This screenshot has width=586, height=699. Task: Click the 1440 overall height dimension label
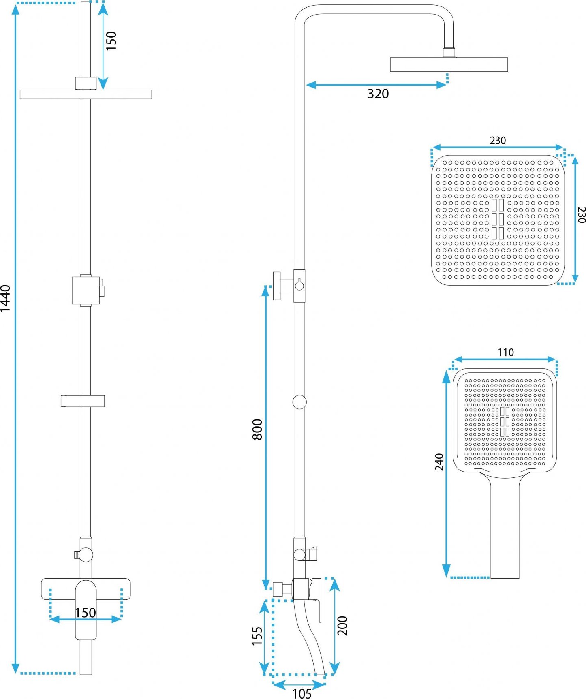[5, 298]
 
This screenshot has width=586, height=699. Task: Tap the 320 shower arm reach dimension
[378, 94]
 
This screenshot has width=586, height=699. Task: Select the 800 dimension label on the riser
[257, 430]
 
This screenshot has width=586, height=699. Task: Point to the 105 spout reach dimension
[302, 693]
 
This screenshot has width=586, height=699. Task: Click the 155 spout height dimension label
[257, 636]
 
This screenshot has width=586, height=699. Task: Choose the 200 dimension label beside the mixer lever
[342, 626]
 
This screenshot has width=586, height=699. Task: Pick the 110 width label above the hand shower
[505, 353]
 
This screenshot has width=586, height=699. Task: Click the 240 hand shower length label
[439, 462]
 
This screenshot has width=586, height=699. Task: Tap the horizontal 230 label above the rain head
[498, 141]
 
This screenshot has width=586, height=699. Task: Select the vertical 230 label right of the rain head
[581, 215]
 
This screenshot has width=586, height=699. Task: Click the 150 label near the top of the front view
[111, 41]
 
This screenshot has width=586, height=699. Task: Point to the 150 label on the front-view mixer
[85, 613]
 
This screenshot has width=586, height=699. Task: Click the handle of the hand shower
[505, 527]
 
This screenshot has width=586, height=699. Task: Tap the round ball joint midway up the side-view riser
[299, 402]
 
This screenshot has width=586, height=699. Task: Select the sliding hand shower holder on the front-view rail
[83, 401]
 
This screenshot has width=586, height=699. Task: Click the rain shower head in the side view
[449, 64]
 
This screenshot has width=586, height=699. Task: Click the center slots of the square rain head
[498, 219]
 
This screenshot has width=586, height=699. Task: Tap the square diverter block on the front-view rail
[86, 290]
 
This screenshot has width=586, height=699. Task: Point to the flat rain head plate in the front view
[86, 94]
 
